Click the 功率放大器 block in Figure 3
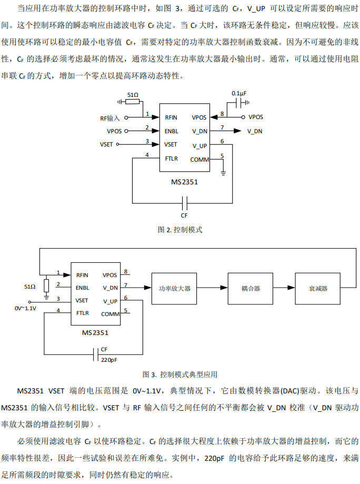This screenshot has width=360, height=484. pyautogui.click(x=174, y=289)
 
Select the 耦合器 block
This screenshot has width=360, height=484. pyautogui.click(x=251, y=289)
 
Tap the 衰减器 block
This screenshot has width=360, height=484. pyautogui.click(x=318, y=289)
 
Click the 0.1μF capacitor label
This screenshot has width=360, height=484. pyautogui.click(x=239, y=93)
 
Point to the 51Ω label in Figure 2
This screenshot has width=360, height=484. pyautogui.click(x=133, y=95)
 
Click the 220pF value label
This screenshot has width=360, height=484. pyautogui.click(x=109, y=360)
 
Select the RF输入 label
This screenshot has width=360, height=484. pyautogui.click(x=110, y=117)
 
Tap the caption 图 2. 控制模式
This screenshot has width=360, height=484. pyautogui.click(x=180, y=230)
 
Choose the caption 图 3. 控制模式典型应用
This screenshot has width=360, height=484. pyautogui.click(x=180, y=375)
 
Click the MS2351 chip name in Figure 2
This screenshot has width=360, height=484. pyautogui.click(x=184, y=182)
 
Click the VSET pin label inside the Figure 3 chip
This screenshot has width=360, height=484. pyautogui.click(x=82, y=301)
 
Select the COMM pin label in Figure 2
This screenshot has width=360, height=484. pyautogui.click(x=199, y=160)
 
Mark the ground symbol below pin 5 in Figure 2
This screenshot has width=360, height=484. pyautogui.click(x=223, y=172)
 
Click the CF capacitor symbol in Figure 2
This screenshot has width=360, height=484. pyautogui.click(x=184, y=202)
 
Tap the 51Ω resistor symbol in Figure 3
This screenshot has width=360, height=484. pyautogui.click(x=46, y=286)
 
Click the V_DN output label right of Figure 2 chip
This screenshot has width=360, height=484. pyautogui.click(x=255, y=131)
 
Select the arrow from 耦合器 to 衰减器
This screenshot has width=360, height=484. pyautogui.click(x=285, y=288)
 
